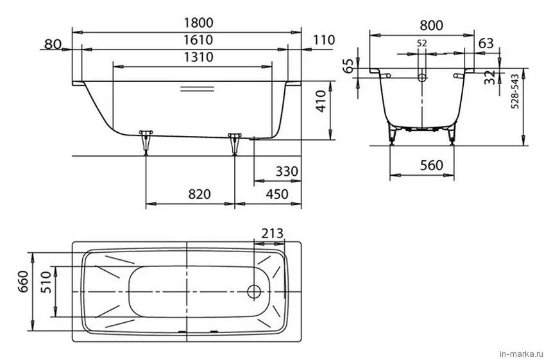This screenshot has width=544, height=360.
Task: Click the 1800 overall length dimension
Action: (x=198, y=23)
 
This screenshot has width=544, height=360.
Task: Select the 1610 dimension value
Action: (x=198, y=40)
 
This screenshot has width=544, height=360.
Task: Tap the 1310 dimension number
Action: (x=198, y=57)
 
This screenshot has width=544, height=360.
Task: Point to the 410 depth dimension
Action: (x=321, y=101)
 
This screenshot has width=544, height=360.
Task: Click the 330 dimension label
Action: (x=287, y=171)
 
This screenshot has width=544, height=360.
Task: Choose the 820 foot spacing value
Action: (x=200, y=194)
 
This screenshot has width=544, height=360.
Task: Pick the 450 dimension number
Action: (x=277, y=194)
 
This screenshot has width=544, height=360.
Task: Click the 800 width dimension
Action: (x=432, y=25)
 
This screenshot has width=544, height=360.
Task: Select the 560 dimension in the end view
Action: (x=432, y=166)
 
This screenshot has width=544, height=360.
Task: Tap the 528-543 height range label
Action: (x=515, y=91)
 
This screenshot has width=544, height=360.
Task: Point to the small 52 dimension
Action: (x=421, y=44)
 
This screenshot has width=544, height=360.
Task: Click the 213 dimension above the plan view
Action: (x=273, y=234)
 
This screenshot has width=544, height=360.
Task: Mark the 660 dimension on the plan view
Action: (x=23, y=282)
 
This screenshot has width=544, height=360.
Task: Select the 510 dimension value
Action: (x=46, y=282)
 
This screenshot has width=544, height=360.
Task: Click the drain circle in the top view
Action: (x=254, y=291)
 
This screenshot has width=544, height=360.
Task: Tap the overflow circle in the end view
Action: (x=422, y=77)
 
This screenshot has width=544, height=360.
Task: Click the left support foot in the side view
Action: (x=146, y=142)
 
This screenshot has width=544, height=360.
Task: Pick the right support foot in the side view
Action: (x=235, y=143)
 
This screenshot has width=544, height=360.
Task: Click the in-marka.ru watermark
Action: (x=521, y=354)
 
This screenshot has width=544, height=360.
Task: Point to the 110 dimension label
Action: (x=324, y=40)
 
